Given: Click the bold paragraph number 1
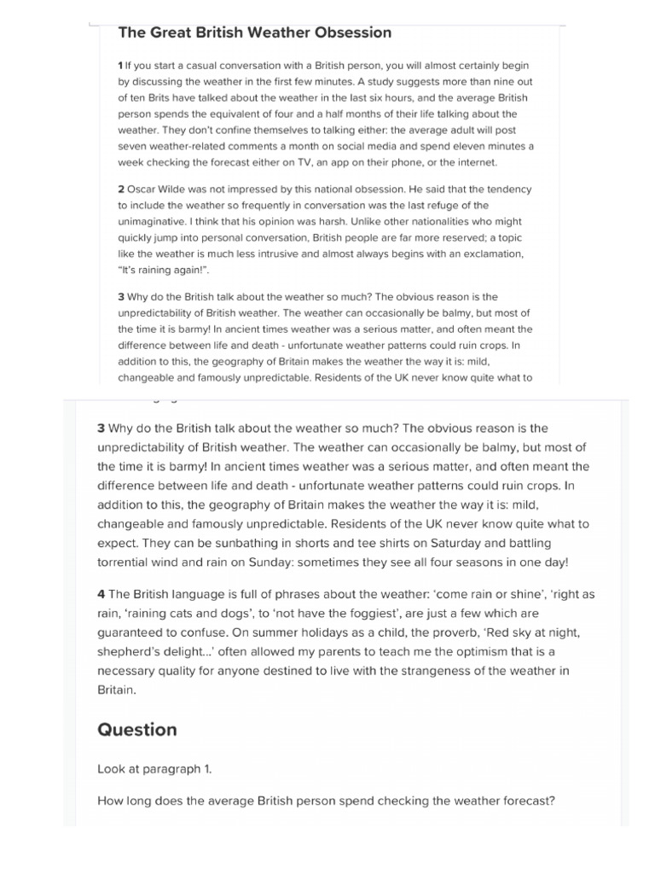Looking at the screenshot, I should (120, 65).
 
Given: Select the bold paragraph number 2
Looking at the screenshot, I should (121, 189).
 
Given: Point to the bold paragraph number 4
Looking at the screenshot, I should (101, 593).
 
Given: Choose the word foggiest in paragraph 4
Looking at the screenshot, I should (409, 613).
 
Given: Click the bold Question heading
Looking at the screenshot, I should (137, 730).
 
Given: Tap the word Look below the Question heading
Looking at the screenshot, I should (113, 768).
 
